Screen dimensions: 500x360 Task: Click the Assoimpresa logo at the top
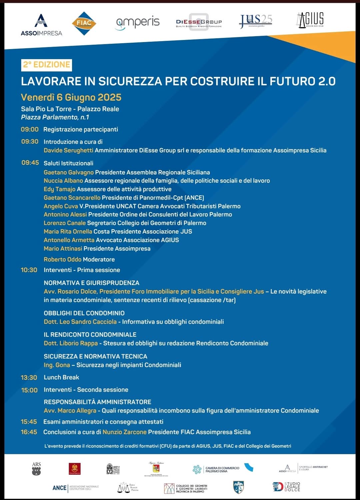tap(41, 25)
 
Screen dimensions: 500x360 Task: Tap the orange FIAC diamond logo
tap(84, 23)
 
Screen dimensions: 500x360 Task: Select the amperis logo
tap(138, 23)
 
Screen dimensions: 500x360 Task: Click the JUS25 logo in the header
tap(256, 21)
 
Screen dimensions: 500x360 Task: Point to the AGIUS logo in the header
tap(310, 20)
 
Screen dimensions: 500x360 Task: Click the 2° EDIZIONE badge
tap(47, 65)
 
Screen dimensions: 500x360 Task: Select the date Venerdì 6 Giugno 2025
tap(71, 97)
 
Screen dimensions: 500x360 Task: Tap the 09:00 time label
tap(30, 129)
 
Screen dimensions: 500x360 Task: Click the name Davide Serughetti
tap(68, 150)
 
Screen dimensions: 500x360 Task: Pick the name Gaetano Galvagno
tap(69, 172)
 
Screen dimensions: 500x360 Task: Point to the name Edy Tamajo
tap(59, 189)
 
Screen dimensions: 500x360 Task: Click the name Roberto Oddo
tap(62, 259)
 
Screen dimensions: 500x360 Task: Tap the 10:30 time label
tap(29, 270)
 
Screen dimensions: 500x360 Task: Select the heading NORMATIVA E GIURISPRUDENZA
tap(91, 283)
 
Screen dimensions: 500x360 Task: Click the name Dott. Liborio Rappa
tap(71, 343)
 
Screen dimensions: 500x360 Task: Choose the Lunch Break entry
tap(61, 377)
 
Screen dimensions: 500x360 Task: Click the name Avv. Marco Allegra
tap(70, 411)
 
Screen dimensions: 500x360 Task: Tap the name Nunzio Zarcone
tap(124, 432)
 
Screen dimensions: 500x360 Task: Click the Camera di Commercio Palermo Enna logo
tap(216, 469)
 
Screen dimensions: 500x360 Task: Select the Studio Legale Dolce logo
tap(286, 487)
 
